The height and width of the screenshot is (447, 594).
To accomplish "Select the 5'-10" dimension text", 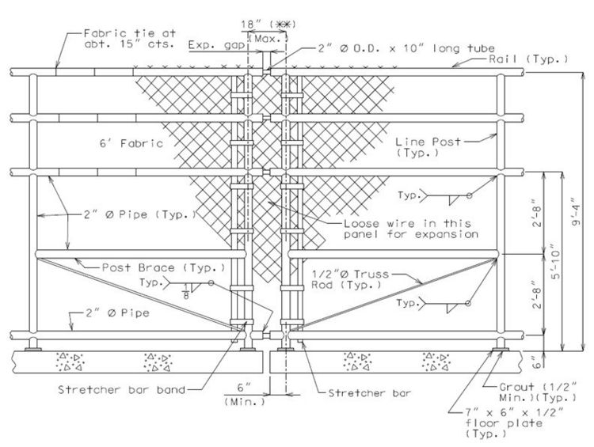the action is (555, 260).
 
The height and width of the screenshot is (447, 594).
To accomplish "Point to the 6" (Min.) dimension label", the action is (245, 395).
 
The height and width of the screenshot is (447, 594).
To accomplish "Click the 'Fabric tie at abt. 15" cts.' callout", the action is (130, 39).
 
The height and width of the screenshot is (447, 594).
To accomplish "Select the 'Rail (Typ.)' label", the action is (528, 59).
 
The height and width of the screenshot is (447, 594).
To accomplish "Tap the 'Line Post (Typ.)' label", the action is (428, 147).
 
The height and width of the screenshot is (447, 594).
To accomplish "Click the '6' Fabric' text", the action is (131, 143).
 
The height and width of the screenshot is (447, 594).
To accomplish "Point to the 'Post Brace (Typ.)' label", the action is (163, 267).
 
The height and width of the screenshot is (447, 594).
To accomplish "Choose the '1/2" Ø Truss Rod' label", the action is (350, 279).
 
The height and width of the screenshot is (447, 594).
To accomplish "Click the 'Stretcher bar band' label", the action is (122, 389).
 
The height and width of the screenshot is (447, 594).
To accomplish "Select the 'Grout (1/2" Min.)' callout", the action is (538, 392).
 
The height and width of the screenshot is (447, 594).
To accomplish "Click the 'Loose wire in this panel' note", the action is (411, 229).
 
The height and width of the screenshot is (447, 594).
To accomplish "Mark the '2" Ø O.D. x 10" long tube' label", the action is (406, 48).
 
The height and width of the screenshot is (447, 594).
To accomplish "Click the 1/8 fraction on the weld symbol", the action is (186, 293).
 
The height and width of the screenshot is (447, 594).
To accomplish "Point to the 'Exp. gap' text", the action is (216, 45).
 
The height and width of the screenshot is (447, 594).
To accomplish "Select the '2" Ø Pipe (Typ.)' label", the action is (139, 214).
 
